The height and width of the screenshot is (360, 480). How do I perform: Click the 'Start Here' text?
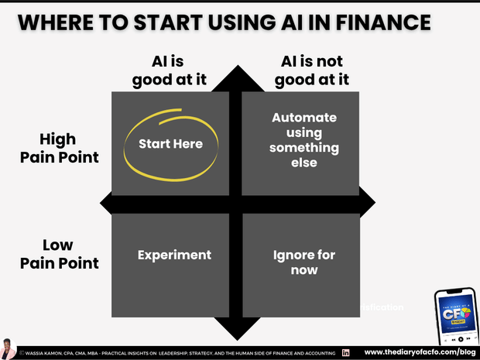[x=170, y=144]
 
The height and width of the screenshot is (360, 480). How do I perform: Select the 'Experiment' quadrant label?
[x=174, y=255]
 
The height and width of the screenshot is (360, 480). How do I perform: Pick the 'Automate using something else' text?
[x=304, y=140]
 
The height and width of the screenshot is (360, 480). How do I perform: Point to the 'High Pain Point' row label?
[x=70, y=148]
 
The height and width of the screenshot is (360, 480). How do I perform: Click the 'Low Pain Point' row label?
[x=70, y=255]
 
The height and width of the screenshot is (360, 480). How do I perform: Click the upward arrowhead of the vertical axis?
[x=236, y=75]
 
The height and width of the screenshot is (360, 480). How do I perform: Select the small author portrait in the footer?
[x=8, y=348]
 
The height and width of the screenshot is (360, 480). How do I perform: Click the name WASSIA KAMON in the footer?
[x=43, y=353]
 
